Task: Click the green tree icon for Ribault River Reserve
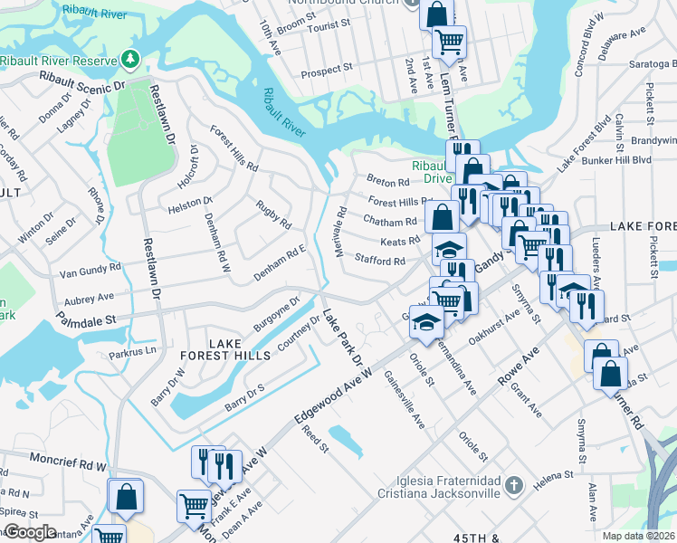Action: (131, 60)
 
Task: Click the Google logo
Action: (30, 532)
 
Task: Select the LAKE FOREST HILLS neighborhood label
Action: (241, 350)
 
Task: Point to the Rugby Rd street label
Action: (273, 214)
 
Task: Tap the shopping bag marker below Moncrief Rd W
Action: (125, 496)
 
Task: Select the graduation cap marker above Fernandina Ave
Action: (424, 321)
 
